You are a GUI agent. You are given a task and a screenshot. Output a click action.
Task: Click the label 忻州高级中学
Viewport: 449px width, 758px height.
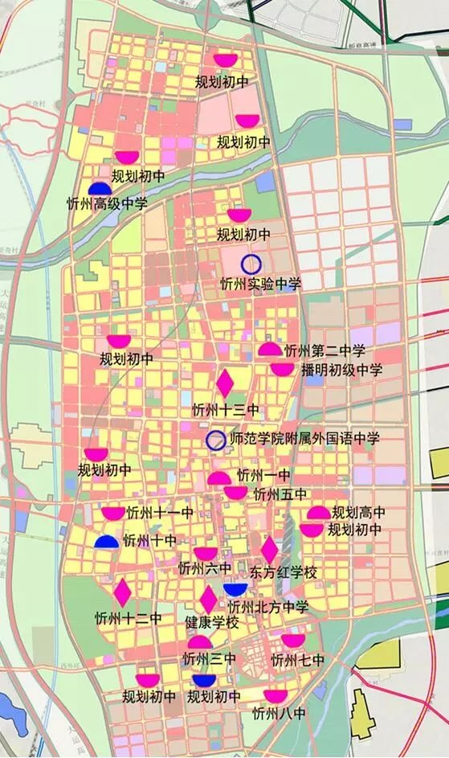(107, 204)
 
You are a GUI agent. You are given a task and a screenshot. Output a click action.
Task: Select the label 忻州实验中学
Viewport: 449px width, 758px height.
(260, 284)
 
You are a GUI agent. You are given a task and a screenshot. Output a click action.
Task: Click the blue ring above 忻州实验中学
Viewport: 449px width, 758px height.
(251, 263)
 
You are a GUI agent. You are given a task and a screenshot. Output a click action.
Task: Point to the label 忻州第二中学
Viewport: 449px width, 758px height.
(325, 350)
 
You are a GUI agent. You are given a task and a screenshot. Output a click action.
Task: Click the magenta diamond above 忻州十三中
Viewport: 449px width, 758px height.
(225, 381)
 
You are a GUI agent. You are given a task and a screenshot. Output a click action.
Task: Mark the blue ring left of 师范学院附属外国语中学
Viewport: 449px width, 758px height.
(215, 440)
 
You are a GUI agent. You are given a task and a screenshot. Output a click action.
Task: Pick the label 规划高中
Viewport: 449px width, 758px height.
(358, 512)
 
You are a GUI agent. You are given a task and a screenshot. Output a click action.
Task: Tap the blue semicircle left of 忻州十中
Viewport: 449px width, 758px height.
(106, 543)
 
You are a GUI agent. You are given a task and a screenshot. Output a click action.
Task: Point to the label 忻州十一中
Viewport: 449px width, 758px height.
(160, 513)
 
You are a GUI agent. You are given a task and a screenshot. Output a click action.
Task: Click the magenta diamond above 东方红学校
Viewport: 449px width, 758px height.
(270, 550)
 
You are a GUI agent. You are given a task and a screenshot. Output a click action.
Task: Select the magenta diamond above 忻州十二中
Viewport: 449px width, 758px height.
(123, 593)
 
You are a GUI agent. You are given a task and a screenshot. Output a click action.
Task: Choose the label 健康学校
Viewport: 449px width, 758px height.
(212, 622)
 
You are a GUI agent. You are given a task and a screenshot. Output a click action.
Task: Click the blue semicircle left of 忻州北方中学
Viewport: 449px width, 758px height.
(235, 590)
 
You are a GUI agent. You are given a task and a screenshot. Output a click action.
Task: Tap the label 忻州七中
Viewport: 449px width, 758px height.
(297, 661)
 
